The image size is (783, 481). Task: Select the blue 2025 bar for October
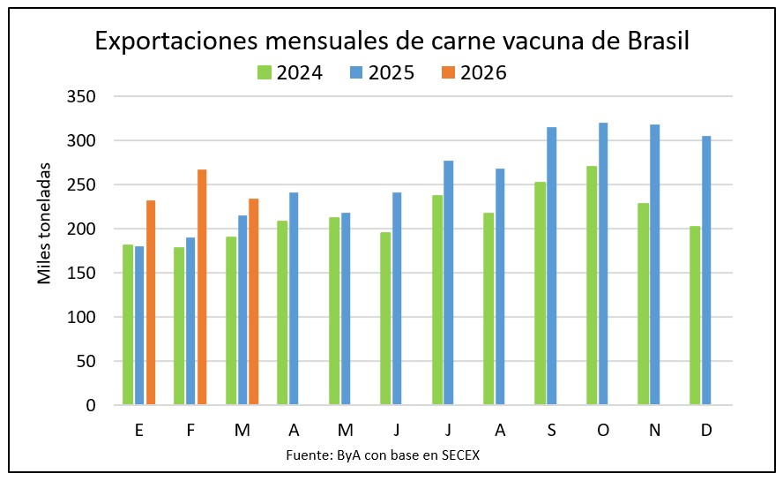tap(603, 264)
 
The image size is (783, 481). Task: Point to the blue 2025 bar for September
tap(552, 266)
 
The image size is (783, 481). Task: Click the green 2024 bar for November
tap(644, 304)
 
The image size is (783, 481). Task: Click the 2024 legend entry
tap(289, 72)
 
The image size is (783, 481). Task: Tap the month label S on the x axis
tap(552, 429)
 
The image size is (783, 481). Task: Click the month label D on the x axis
tap(707, 429)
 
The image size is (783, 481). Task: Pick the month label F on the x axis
tap(191, 429)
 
